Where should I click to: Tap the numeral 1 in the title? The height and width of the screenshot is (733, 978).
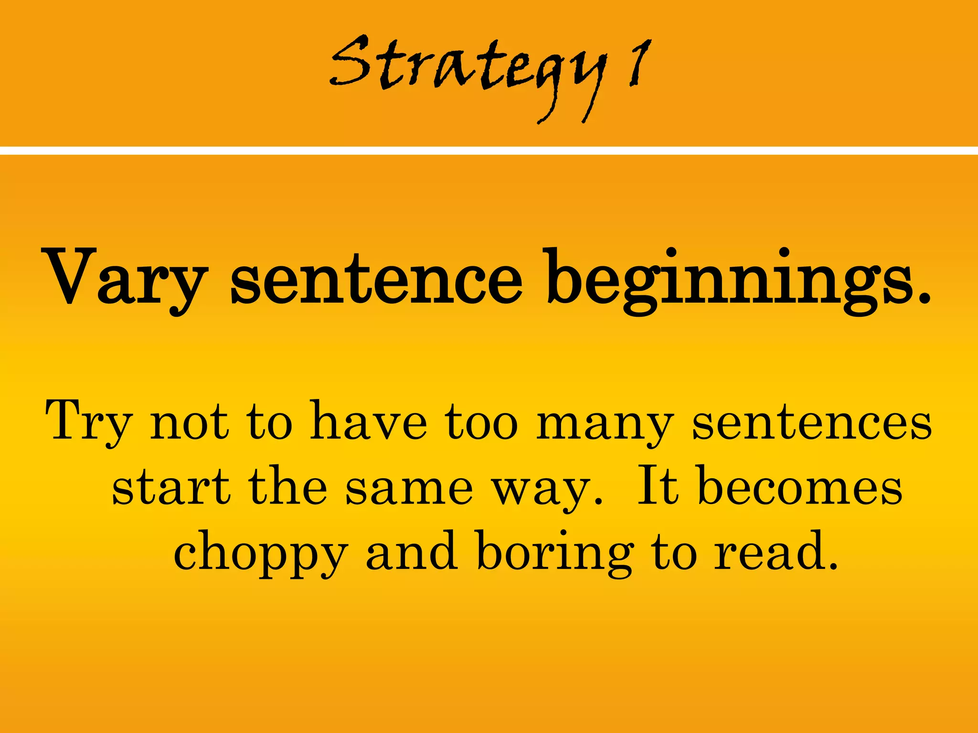click(640, 64)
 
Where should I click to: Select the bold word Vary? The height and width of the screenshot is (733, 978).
click(127, 279)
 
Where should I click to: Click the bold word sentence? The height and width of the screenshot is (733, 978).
click(376, 279)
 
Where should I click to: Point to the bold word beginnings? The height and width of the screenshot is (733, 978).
click(738, 282)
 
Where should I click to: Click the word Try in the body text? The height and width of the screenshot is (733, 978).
click(88, 422)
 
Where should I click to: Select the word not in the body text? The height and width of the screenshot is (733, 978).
click(189, 422)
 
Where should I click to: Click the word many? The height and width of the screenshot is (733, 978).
click(605, 425)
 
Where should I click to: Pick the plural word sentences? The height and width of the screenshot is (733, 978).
click(812, 422)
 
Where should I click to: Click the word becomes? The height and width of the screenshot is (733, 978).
click(800, 487)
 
